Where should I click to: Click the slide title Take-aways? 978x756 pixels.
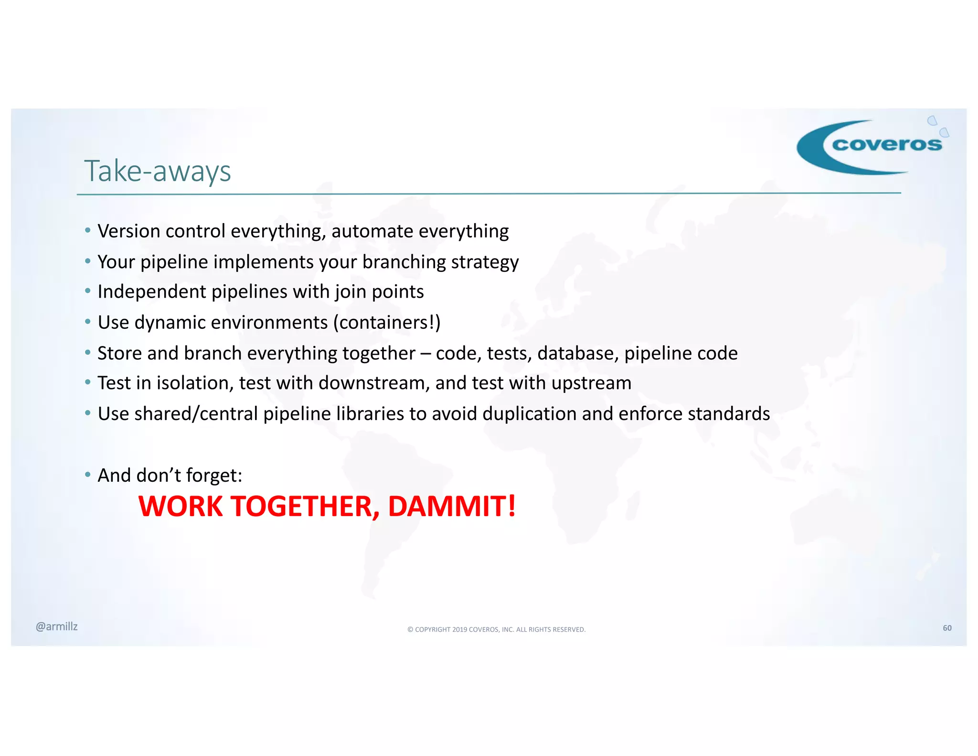coord(157,171)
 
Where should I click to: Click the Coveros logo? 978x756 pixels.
coord(872,146)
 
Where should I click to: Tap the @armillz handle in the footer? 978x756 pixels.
coord(56,626)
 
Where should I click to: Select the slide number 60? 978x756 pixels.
coord(947,628)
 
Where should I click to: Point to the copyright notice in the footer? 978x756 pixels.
coord(496,629)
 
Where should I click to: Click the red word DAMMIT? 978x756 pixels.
coord(452,506)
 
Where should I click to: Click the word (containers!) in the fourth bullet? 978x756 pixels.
coord(387,323)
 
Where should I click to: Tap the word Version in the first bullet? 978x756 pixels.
coord(129,231)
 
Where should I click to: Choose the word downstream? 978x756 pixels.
coord(374,383)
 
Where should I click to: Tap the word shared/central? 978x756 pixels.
coord(196,414)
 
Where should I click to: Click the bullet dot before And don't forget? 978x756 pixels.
coord(87,475)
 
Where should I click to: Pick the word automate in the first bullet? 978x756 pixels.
coord(372,231)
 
